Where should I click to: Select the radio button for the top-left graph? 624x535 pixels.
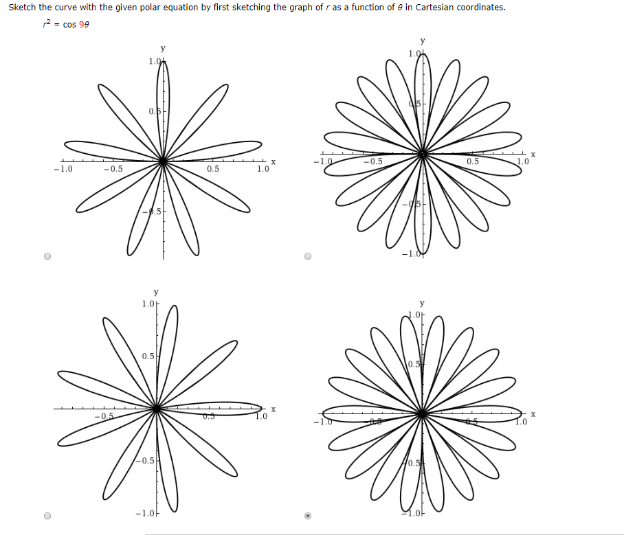click(47, 257)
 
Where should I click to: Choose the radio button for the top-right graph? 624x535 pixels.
click(307, 257)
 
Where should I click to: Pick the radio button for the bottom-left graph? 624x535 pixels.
click(47, 516)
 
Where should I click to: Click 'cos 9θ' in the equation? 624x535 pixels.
click(76, 25)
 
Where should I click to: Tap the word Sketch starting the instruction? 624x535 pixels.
click(21, 8)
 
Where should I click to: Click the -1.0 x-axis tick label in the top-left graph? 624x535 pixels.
click(63, 170)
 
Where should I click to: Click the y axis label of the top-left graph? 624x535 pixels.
click(162, 48)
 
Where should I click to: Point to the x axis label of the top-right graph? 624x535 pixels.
click(533, 154)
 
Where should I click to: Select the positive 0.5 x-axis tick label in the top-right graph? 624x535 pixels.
click(473, 161)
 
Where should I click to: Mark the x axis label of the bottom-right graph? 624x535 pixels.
click(533, 413)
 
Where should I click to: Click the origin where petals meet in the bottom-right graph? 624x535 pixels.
click(422, 413)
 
